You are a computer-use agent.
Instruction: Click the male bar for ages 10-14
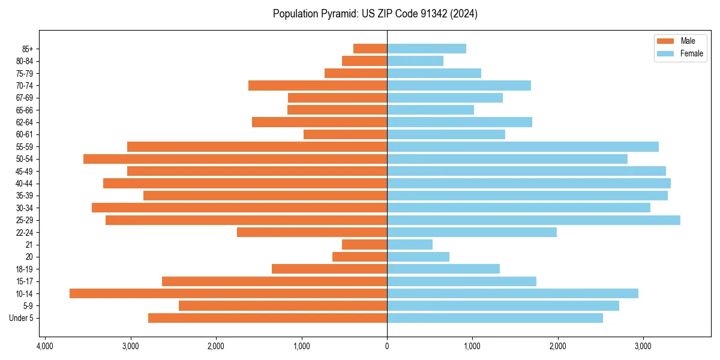[228, 293]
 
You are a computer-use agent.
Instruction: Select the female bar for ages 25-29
[533, 220]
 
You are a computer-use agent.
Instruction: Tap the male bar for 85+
[370, 49]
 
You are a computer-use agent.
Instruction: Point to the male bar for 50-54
[235, 159]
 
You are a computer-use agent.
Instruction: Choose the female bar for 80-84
[415, 61]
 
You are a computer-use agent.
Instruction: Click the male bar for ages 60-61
[345, 134]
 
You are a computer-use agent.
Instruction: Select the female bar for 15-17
[461, 281]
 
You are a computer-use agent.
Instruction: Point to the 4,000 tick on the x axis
[45, 346]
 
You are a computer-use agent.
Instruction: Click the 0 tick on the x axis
[387, 346]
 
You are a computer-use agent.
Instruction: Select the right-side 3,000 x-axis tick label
[643, 346]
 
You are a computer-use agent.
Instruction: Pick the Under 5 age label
[22, 318]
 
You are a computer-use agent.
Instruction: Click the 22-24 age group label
[25, 232]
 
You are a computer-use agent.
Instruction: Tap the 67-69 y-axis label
[25, 98]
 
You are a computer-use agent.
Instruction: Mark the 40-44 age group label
[25, 184]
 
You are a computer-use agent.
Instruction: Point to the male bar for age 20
[359, 257]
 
